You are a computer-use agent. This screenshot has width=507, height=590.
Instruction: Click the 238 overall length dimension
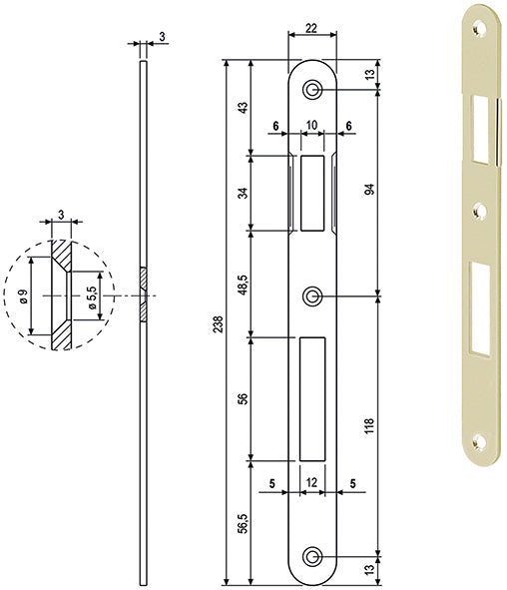(x=219, y=324)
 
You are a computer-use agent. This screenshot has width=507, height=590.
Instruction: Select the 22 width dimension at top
(x=311, y=28)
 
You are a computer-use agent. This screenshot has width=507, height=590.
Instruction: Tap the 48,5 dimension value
(x=244, y=285)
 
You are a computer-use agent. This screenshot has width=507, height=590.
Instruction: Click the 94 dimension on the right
(x=370, y=189)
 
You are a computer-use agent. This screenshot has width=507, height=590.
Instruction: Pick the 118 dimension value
(x=369, y=425)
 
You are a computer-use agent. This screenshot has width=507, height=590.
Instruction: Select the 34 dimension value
(x=244, y=193)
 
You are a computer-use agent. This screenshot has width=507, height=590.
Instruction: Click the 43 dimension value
(x=244, y=108)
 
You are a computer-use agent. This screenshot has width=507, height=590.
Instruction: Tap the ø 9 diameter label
(x=23, y=296)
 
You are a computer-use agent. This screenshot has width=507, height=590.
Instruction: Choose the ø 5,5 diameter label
(x=92, y=297)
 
